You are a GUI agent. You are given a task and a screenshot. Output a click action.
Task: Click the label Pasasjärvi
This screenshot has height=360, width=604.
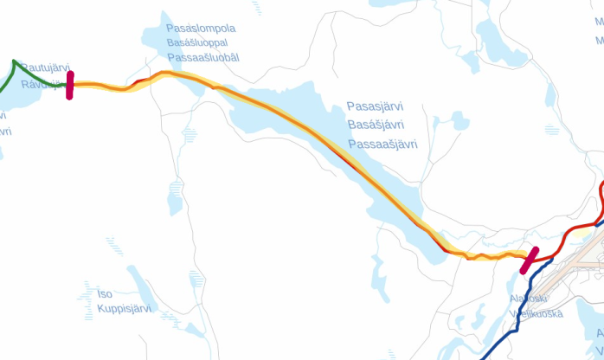tap(375, 106)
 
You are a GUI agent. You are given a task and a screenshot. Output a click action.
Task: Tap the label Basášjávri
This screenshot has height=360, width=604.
tap(376, 125)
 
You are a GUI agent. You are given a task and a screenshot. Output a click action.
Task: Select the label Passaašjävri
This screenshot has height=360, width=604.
tap(382, 145)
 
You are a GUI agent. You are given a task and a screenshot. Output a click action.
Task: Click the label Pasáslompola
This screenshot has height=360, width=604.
tap(201, 28)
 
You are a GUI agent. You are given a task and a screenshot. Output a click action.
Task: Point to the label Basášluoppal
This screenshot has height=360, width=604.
tap(201, 42)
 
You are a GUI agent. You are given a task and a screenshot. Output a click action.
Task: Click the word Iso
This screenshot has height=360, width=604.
tap(105, 294)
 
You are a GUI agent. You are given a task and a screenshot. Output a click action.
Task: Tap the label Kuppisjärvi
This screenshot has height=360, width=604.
tap(124, 308)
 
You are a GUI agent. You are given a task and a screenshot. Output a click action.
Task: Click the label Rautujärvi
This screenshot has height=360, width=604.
tap(45, 67)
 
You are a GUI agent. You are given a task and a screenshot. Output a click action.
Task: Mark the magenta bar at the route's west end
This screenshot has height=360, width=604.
tap(70, 86)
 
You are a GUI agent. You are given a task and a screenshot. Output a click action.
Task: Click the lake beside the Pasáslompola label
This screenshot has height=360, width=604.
tap(156, 35)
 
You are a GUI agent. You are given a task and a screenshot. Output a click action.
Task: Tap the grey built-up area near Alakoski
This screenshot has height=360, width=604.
tap(562, 277)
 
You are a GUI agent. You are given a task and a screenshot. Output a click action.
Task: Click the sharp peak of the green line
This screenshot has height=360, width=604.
tap(15, 61)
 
